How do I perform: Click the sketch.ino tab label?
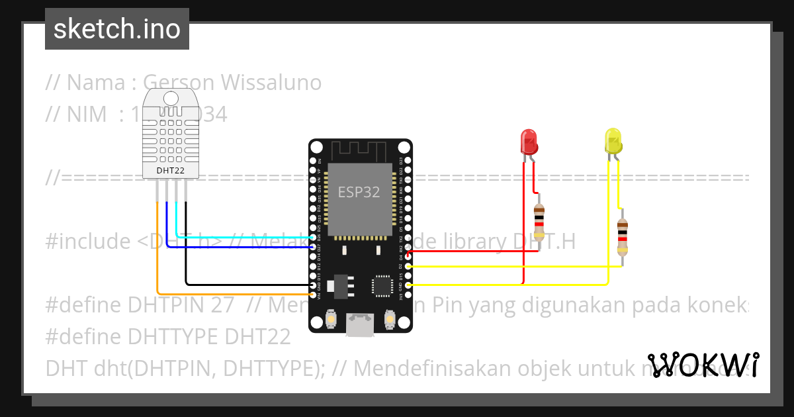[116, 29]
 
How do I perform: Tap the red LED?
[529, 142]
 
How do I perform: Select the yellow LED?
[613, 142]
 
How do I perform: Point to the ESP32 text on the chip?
[359, 192]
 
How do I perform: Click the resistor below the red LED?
[539, 221]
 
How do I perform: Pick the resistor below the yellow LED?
[622, 237]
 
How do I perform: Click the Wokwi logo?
[703, 365]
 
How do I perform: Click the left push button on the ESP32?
[330, 320]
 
